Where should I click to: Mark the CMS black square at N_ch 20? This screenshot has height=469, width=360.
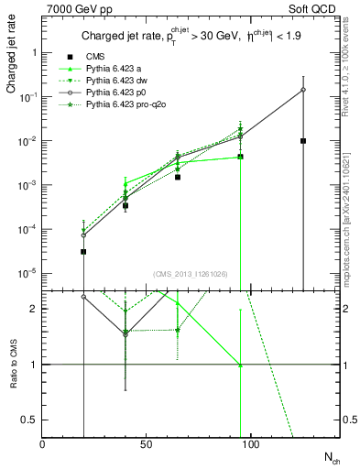tap(83, 251)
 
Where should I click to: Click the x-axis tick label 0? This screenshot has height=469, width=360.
tap(43, 446)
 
